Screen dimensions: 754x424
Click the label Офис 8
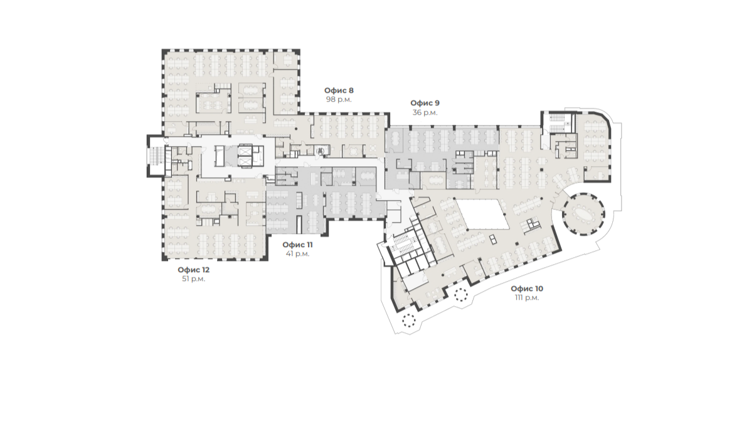click(339, 90)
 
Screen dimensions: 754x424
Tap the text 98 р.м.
click(339, 100)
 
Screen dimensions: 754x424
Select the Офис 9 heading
click(425, 103)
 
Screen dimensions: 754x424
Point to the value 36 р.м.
click(425, 112)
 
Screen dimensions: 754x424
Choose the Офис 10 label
click(527, 289)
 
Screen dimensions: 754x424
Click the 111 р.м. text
click(527, 298)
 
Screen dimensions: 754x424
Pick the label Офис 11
click(297, 245)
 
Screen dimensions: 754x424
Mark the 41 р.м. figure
click(297, 254)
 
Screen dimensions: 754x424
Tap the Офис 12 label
click(194, 270)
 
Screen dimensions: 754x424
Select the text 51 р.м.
click(194, 279)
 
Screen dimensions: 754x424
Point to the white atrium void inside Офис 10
click(482, 214)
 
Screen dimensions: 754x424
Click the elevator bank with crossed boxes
click(245, 156)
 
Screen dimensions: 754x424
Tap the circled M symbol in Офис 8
click(321, 151)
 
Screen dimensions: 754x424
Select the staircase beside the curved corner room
click(557, 122)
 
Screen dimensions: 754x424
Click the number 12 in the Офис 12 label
click(205, 270)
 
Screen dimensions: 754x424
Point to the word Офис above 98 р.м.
click(335, 90)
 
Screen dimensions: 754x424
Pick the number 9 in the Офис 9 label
click(437, 103)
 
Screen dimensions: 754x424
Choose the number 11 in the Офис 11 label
click(309, 245)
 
